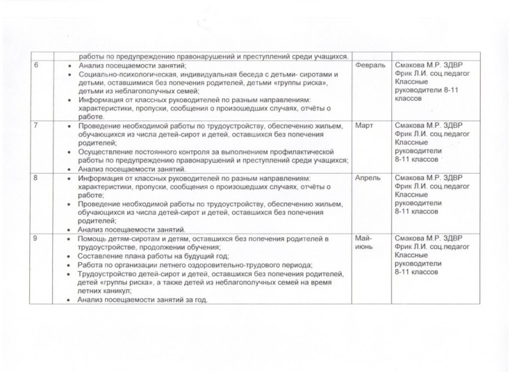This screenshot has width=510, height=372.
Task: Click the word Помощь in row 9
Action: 94,239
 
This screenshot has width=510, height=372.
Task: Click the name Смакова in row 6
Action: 412,66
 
